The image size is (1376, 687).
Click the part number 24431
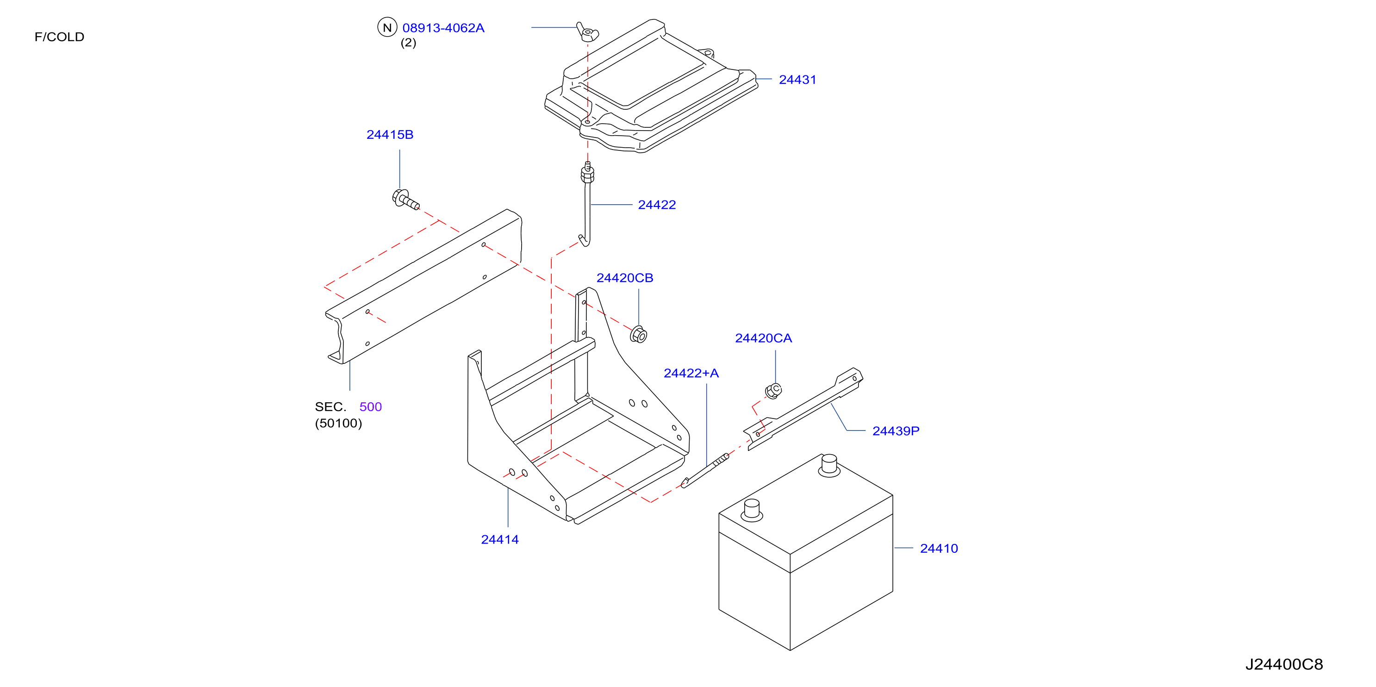click(x=797, y=80)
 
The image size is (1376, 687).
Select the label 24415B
click(x=390, y=135)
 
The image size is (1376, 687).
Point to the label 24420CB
click(x=624, y=278)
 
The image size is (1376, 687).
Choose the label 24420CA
click(x=763, y=338)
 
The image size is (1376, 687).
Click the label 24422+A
click(x=691, y=373)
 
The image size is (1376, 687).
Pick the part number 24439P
click(x=896, y=431)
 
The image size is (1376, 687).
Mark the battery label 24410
click(x=939, y=548)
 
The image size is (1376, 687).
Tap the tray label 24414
click(x=499, y=540)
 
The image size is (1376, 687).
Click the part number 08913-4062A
click(x=443, y=28)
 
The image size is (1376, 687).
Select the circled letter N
click(x=387, y=27)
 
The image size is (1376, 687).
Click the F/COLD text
click(x=59, y=37)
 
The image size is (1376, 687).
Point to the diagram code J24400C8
click(x=1284, y=664)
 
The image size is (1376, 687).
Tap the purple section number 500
click(x=370, y=406)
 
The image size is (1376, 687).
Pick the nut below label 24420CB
click(x=638, y=334)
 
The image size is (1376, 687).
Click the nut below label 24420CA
click(x=773, y=391)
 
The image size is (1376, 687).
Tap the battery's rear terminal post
click(x=829, y=465)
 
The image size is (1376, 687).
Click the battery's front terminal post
click(x=752, y=510)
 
